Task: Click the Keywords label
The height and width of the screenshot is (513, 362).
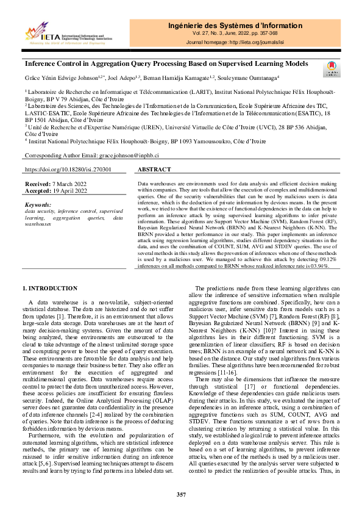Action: pos(38,204)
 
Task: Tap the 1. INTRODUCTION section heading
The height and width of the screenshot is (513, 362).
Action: pos(50,288)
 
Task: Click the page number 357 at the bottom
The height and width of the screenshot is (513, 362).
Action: pos(181,494)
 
